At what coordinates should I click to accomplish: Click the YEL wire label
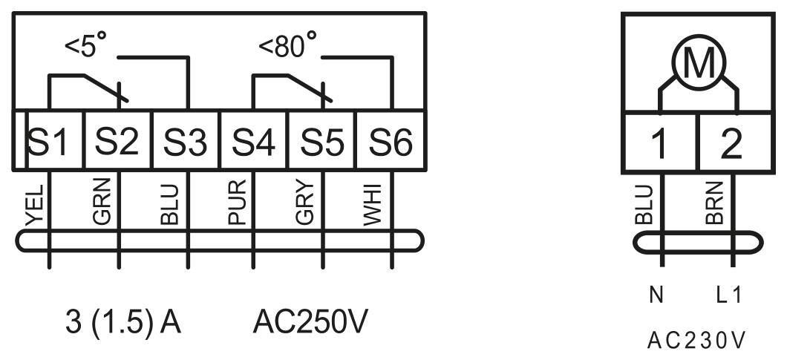point(35,206)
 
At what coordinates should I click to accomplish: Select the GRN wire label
point(102,202)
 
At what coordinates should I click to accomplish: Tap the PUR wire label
point(238,202)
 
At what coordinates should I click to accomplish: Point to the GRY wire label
point(305,202)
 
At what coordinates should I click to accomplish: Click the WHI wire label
point(373,205)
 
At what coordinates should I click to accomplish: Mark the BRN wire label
point(715,203)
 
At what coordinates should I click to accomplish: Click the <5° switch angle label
point(86,45)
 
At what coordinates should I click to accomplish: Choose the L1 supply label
point(729,295)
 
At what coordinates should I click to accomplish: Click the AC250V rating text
point(310,321)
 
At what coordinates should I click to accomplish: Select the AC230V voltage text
point(696,341)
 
